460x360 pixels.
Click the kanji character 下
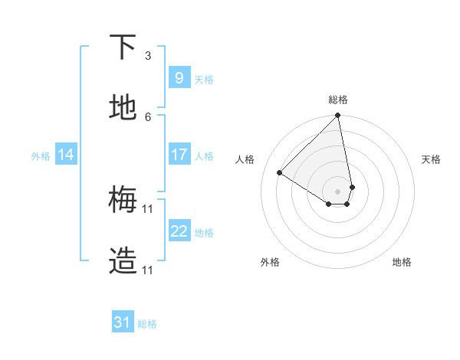click(x=123, y=48)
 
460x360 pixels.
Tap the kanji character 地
click(x=123, y=108)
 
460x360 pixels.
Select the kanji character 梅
click(x=123, y=200)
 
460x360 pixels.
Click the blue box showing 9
click(x=179, y=77)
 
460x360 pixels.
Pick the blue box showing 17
click(x=179, y=155)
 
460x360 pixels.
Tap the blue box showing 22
click(x=179, y=231)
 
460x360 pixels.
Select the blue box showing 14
click(x=66, y=155)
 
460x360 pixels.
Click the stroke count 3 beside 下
click(x=148, y=55)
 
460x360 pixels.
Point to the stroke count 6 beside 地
click(x=148, y=116)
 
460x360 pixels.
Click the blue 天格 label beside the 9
click(x=203, y=79)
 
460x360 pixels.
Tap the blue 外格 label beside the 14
click(x=41, y=155)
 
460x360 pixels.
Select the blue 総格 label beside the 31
click(x=147, y=324)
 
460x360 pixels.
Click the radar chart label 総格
click(x=338, y=100)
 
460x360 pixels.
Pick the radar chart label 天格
click(x=432, y=159)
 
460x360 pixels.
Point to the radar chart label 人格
click(x=245, y=159)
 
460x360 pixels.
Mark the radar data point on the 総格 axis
click(x=338, y=116)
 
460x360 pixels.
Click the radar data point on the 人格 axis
click(x=280, y=172)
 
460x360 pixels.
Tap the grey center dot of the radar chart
click(x=338, y=191)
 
